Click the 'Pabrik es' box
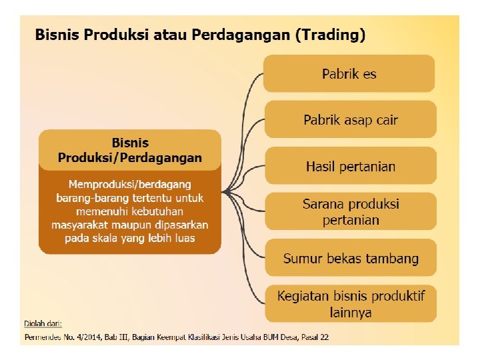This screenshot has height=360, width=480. [x=349, y=73]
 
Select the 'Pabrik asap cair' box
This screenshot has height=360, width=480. [x=350, y=120]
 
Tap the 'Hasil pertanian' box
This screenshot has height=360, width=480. [x=350, y=166]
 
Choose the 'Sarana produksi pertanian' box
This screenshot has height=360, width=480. [x=350, y=211]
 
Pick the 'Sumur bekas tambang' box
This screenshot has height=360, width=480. [x=350, y=258]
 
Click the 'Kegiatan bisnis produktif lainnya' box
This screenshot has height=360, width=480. [x=350, y=303]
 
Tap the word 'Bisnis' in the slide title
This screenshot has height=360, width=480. [x=57, y=35]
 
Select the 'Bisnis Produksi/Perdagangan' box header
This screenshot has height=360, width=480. [x=129, y=150]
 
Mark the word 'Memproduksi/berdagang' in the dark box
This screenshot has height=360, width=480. [x=130, y=184]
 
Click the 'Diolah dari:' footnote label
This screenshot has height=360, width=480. [x=43, y=323]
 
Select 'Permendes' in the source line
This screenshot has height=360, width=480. [x=42, y=337]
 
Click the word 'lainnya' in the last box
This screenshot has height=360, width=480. [x=350, y=311]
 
